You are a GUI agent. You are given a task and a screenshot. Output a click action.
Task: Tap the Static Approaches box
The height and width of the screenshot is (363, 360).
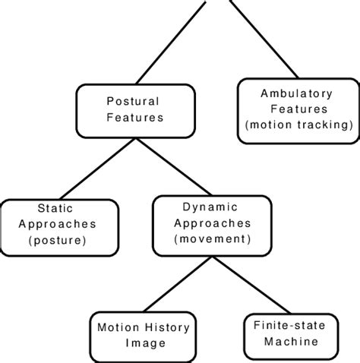click(59, 226)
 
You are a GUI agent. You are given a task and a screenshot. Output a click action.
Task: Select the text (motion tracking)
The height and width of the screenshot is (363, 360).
click(296, 125)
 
